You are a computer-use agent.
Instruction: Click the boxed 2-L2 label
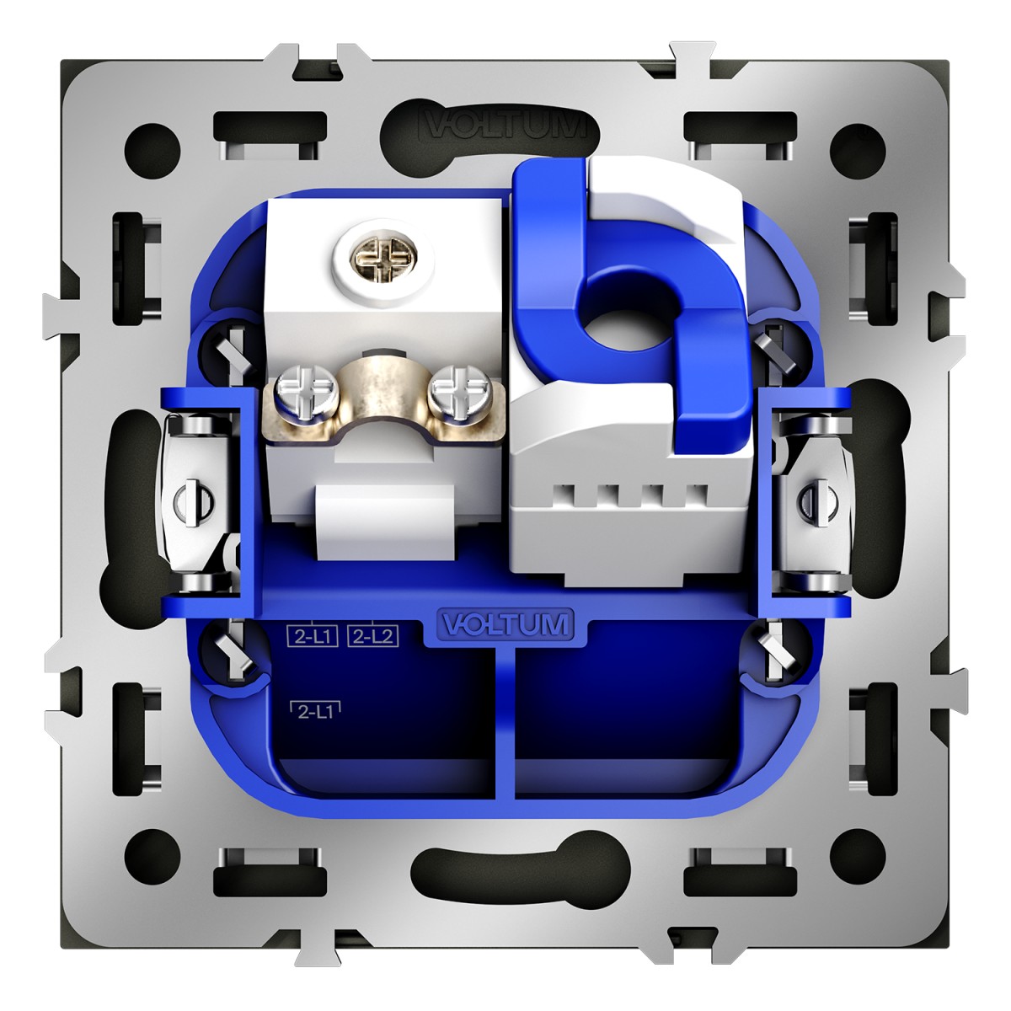click(373, 636)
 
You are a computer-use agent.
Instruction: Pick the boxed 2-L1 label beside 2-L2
click(313, 636)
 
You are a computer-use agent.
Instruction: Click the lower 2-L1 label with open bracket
click(315, 711)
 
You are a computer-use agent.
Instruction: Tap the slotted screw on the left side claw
click(194, 500)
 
